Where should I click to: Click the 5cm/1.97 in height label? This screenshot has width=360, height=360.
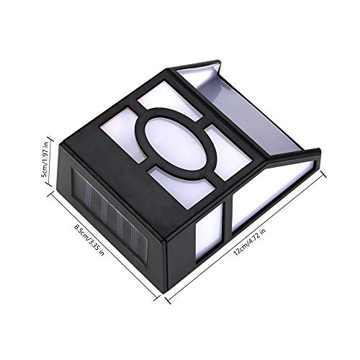coord(45,159)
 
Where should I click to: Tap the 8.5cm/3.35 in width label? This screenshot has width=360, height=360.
coord(89,240)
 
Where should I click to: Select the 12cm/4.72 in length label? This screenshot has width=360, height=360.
coord(250,242)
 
